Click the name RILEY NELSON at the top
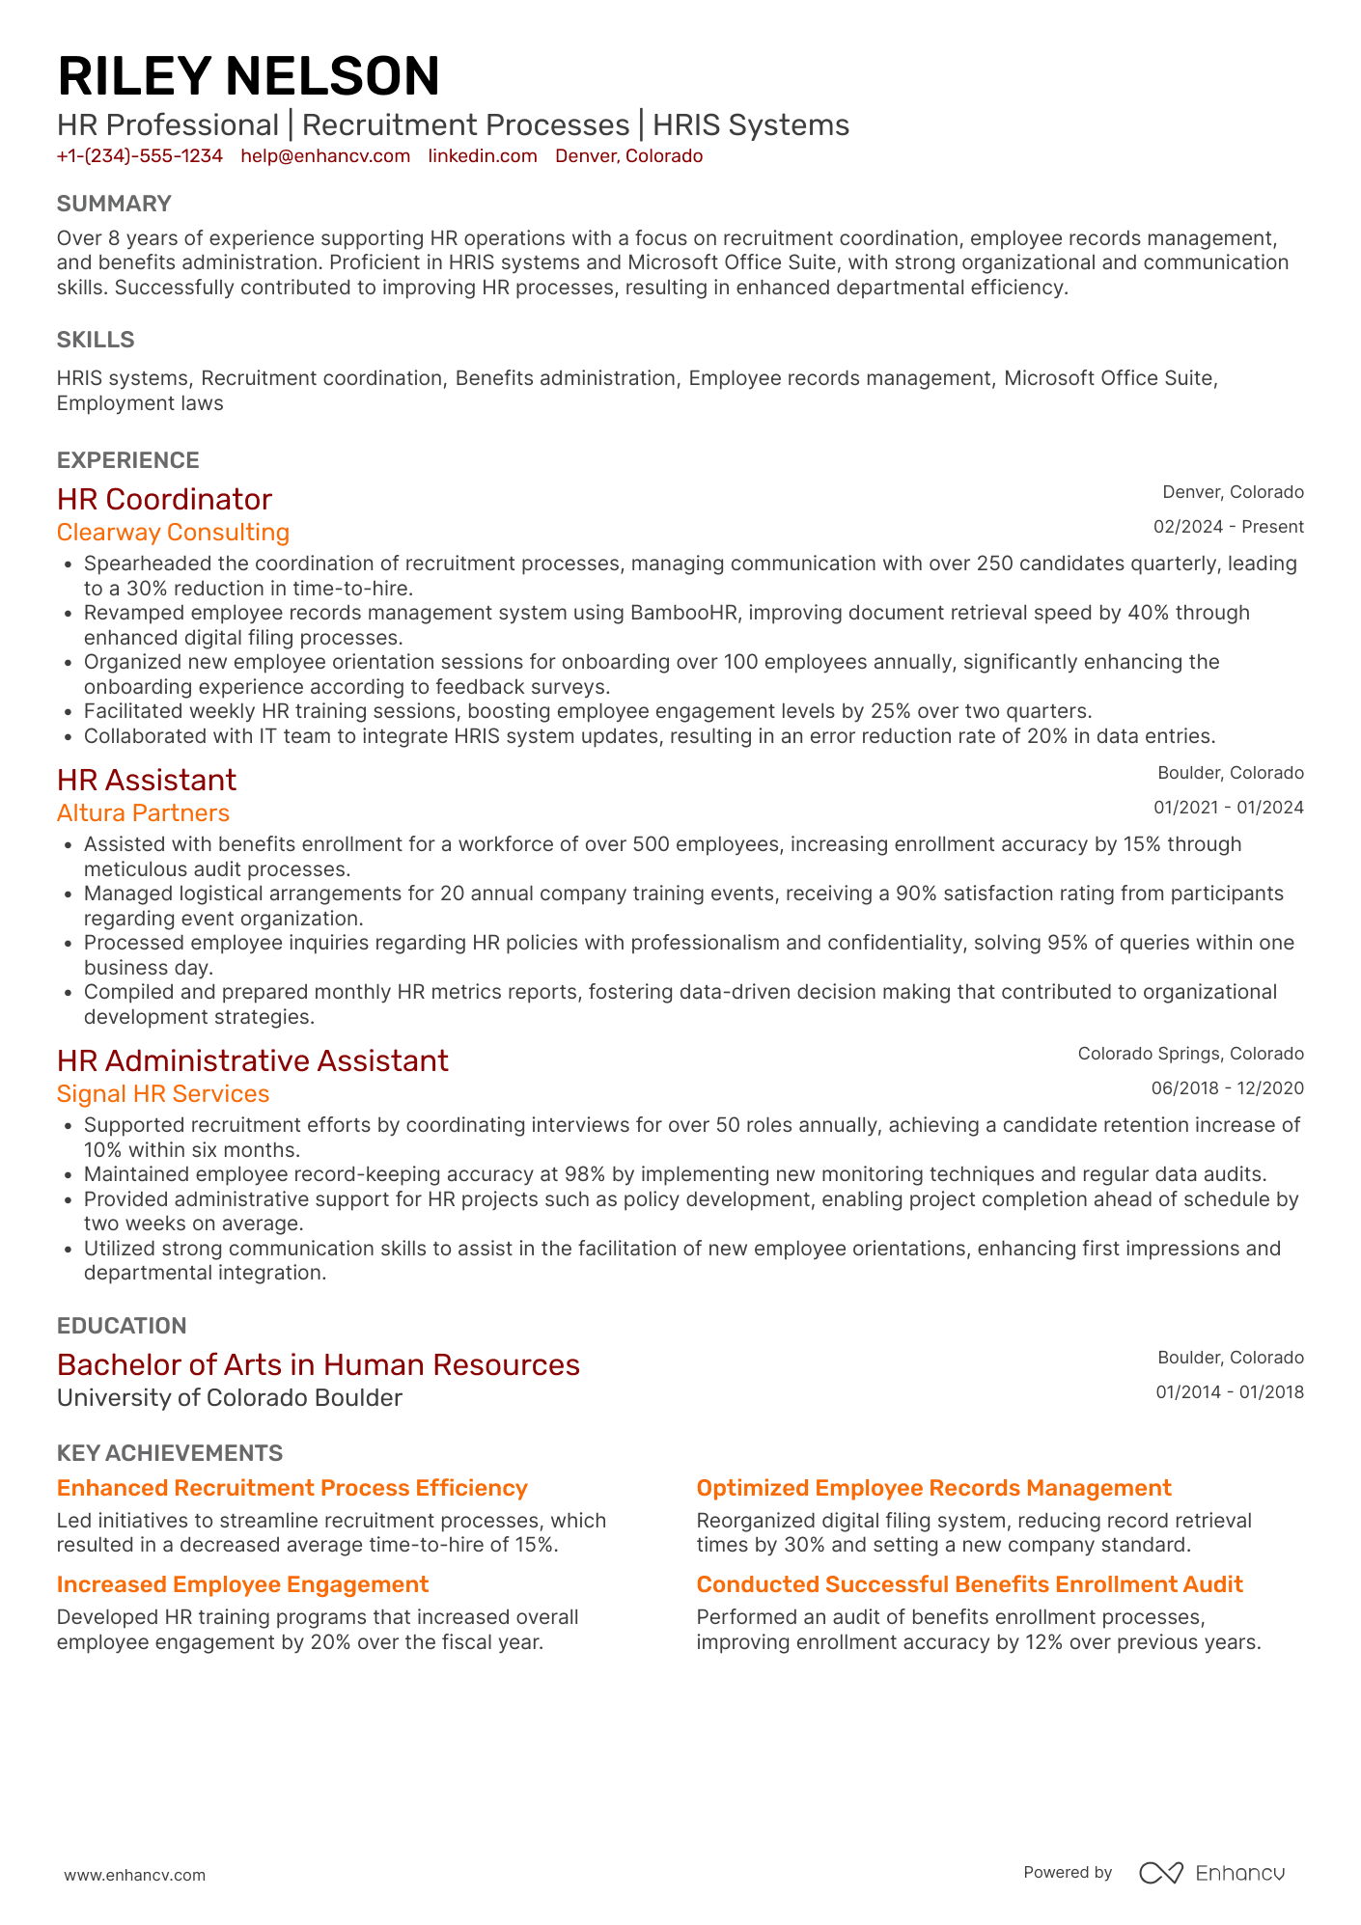(x=248, y=77)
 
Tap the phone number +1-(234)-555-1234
(x=140, y=156)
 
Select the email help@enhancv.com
(x=325, y=156)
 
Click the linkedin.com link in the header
(x=483, y=156)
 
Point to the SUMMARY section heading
(x=114, y=204)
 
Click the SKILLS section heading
(x=96, y=340)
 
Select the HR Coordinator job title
(x=164, y=499)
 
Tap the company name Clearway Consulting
(x=173, y=533)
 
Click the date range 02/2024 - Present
(x=1228, y=527)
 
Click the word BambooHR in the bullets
(x=683, y=613)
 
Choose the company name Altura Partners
(x=143, y=813)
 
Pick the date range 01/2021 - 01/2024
(x=1228, y=808)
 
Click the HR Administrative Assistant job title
(x=252, y=1060)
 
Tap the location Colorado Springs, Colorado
(x=1190, y=1054)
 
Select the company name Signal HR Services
(x=163, y=1094)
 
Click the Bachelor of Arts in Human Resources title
(x=319, y=1364)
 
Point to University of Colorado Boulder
(x=230, y=1398)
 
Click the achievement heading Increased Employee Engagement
(x=242, y=1584)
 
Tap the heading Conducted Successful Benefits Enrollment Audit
(x=969, y=1584)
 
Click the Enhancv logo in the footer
(x=1211, y=1873)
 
